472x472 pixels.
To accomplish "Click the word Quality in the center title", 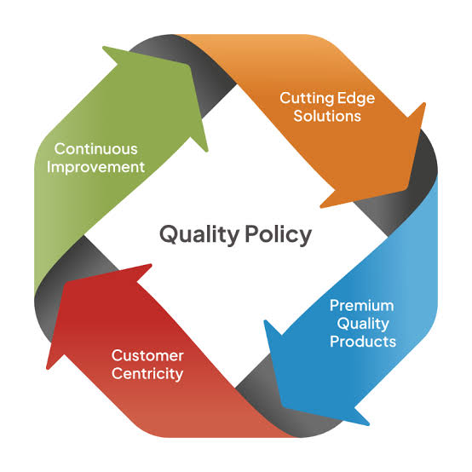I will pos(194,233).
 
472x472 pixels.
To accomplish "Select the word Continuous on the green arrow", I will pos(95,148).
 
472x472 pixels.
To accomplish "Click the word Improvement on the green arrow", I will pos(95,166).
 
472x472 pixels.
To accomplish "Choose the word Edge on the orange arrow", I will pos(356,97).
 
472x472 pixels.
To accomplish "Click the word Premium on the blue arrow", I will pos(363,305).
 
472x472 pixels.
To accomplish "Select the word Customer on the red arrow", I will pos(147,354).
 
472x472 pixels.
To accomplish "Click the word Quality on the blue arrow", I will pos(363,323).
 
